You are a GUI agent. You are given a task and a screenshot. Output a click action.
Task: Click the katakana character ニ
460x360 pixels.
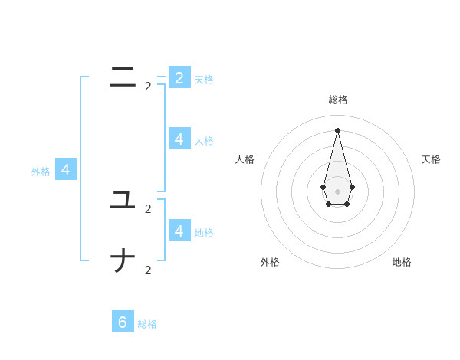click(x=123, y=77)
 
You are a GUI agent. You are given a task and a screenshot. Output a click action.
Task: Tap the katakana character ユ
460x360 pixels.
click(x=123, y=201)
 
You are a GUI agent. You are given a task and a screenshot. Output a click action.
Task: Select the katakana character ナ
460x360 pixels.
click(x=123, y=262)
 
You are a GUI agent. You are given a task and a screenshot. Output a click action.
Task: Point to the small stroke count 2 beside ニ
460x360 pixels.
click(x=148, y=87)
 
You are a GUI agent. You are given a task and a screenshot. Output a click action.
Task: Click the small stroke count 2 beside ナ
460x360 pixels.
click(x=148, y=270)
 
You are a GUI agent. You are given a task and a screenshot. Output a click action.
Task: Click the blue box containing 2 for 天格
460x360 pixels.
click(x=179, y=77)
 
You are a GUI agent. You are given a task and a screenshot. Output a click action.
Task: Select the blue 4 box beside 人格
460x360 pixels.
click(x=179, y=139)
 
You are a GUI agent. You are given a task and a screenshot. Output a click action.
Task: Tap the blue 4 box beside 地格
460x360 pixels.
click(x=179, y=231)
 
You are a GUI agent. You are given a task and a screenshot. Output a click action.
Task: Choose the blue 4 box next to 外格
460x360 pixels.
click(x=66, y=170)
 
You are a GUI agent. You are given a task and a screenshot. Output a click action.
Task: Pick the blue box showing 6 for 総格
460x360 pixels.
click(x=123, y=322)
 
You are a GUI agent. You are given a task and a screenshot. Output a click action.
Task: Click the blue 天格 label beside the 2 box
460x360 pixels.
click(x=204, y=80)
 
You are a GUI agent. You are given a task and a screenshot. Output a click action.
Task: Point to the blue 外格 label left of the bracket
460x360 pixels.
click(x=41, y=172)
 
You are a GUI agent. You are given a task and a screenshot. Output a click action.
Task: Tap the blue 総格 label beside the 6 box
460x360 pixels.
click(x=147, y=324)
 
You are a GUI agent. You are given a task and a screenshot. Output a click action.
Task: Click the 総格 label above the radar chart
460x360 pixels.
click(x=338, y=100)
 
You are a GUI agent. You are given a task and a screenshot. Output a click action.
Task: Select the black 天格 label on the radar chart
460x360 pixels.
click(x=431, y=159)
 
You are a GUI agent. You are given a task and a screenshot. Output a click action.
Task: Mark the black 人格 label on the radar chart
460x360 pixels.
click(x=245, y=159)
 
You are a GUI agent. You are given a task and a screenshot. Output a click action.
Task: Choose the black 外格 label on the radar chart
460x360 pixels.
click(x=270, y=262)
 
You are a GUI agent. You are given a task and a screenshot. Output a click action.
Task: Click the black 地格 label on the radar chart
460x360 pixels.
click(x=402, y=262)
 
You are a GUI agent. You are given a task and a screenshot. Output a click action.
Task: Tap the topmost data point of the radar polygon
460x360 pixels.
click(x=337, y=130)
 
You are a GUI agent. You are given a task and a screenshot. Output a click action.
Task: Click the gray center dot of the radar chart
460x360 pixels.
click(x=337, y=191)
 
